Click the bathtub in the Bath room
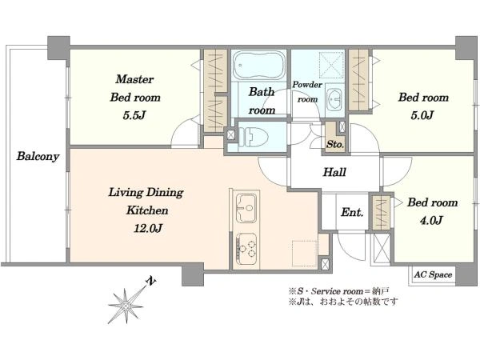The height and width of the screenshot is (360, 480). click(258, 66)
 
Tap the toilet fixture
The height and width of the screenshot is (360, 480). click(253, 136)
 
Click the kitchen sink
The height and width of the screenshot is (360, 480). click(246, 208)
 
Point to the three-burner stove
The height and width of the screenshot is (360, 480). click(246, 249)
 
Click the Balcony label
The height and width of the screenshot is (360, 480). click(38, 156)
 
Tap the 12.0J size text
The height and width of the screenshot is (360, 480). click(148, 228)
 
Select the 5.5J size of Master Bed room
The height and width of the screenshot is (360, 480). click(134, 115)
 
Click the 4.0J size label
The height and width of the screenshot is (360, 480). click(431, 220)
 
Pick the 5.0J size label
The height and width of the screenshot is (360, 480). click(422, 115)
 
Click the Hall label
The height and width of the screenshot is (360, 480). click(334, 172)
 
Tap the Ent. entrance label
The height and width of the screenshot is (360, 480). click(352, 212)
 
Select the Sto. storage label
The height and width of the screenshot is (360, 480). click(335, 144)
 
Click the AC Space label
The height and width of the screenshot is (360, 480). click(433, 274)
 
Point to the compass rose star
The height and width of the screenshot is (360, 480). click(126, 306)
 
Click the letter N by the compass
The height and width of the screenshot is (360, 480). click(150, 281)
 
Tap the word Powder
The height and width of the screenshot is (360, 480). click(307, 85)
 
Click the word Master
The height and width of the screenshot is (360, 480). click(134, 79)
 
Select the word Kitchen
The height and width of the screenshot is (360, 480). click(147, 210)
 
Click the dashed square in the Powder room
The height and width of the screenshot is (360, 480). click(331, 64)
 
